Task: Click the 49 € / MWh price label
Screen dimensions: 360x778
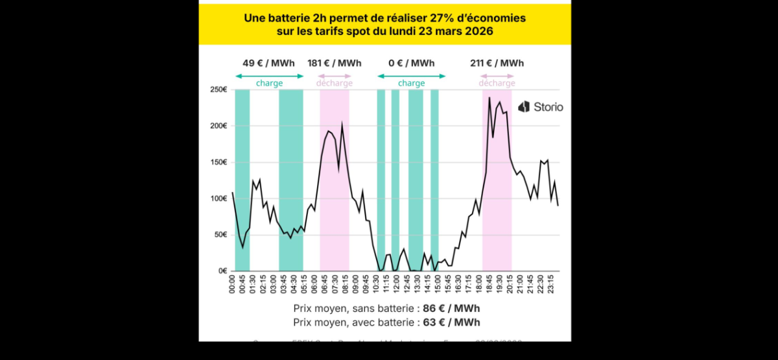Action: point(268,64)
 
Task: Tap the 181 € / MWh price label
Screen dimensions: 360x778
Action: point(335,64)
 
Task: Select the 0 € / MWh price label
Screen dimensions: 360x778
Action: point(411,64)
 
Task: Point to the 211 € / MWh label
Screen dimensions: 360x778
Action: point(497,64)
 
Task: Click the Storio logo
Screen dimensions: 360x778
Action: point(541,107)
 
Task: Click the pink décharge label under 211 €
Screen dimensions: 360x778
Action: point(497,83)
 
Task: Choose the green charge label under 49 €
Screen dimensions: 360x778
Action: point(268,83)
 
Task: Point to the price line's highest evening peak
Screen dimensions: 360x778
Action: point(489,98)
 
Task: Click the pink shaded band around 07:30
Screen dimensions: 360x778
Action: point(335,195)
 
